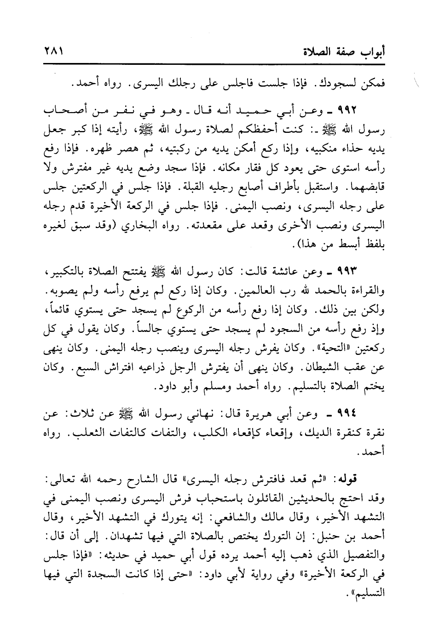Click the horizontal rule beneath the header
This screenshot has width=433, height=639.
[x=216, y=63]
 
